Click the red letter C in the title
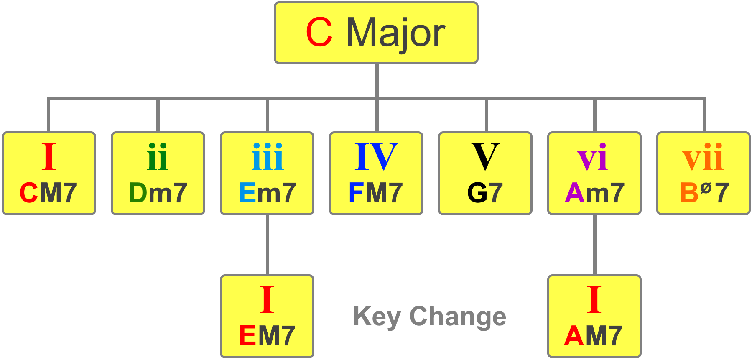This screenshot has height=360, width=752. coord(319,32)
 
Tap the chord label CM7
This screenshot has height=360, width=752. coord(48,193)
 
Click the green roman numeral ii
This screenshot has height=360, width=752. coord(158,157)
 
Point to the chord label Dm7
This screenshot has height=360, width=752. coord(158,193)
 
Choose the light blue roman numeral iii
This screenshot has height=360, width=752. coord(268,157)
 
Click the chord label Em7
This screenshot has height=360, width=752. coord(268,193)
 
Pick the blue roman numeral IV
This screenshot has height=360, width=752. coord(376,157)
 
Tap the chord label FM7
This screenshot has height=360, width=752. coord(376,193)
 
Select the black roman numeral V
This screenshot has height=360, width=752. coord(485,157)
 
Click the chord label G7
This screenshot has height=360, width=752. coord(485,193)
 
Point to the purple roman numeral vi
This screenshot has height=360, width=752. coord(592,157)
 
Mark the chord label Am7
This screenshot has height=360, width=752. coord(594,193)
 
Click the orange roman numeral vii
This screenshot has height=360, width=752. coord(703,157)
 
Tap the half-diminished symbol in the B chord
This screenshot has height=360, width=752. coord(706,188)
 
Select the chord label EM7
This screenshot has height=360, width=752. coord(268,336)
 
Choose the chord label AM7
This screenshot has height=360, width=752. coord(594,336)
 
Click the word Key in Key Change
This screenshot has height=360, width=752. coord(377,317)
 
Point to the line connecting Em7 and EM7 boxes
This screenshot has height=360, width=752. coord(268,245)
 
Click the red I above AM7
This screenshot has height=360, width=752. coord(594,299)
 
